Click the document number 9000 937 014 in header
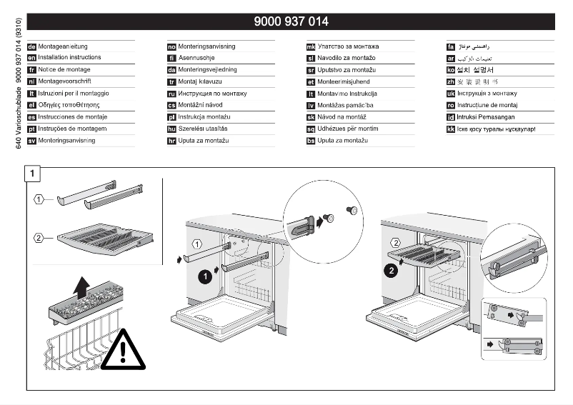click(x=291, y=21)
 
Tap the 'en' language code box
click(x=31, y=58)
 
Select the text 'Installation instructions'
click(x=69, y=58)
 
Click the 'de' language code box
click(x=31, y=46)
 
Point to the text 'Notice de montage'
click(x=64, y=70)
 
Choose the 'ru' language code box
click(x=171, y=94)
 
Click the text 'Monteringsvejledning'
click(x=207, y=70)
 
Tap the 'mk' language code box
click(x=311, y=46)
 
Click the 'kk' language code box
click(x=450, y=129)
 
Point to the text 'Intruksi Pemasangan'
click(x=486, y=117)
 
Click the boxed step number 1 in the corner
click(x=32, y=173)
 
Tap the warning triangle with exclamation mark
click(x=123, y=351)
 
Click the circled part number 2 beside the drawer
click(x=40, y=238)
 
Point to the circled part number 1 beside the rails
click(x=40, y=199)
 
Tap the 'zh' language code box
click(x=450, y=82)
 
